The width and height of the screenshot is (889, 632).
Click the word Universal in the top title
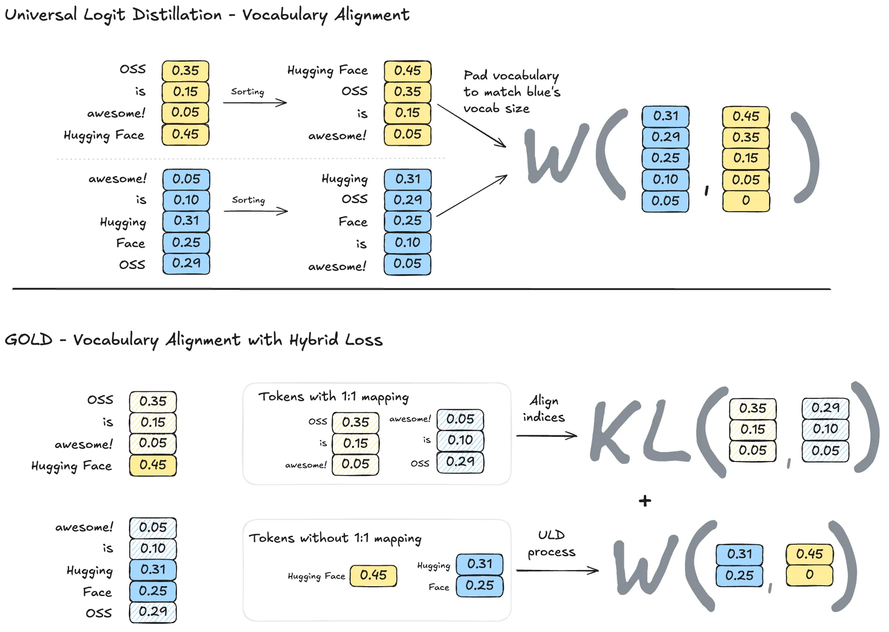click(x=41, y=14)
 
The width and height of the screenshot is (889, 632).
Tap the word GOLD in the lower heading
click(x=28, y=340)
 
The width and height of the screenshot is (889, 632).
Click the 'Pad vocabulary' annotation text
click(x=511, y=76)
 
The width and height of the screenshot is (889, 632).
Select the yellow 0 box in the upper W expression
click(x=746, y=201)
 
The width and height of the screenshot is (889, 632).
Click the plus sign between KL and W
click(x=645, y=501)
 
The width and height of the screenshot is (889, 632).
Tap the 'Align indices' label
click(x=543, y=409)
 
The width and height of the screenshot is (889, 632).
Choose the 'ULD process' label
click(x=551, y=543)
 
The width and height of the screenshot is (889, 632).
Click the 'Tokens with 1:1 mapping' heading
click(x=333, y=397)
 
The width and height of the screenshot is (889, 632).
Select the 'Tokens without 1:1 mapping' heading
click(x=335, y=538)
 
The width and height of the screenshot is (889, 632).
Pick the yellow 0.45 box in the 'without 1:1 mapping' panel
click(x=373, y=575)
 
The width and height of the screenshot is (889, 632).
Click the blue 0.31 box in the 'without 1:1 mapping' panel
click(x=480, y=564)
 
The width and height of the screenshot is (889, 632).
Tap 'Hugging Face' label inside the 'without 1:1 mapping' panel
click(x=316, y=576)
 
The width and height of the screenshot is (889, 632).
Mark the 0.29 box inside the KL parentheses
click(x=825, y=408)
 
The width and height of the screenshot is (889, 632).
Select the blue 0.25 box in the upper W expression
click(x=665, y=158)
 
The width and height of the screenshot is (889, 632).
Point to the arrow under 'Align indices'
click(x=546, y=436)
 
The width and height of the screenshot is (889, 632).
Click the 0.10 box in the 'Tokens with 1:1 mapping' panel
click(x=460, y=440)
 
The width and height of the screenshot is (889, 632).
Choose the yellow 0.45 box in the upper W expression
click(x=746, y=116)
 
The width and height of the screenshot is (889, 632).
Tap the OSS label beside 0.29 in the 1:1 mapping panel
click(x=420, y=463)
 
